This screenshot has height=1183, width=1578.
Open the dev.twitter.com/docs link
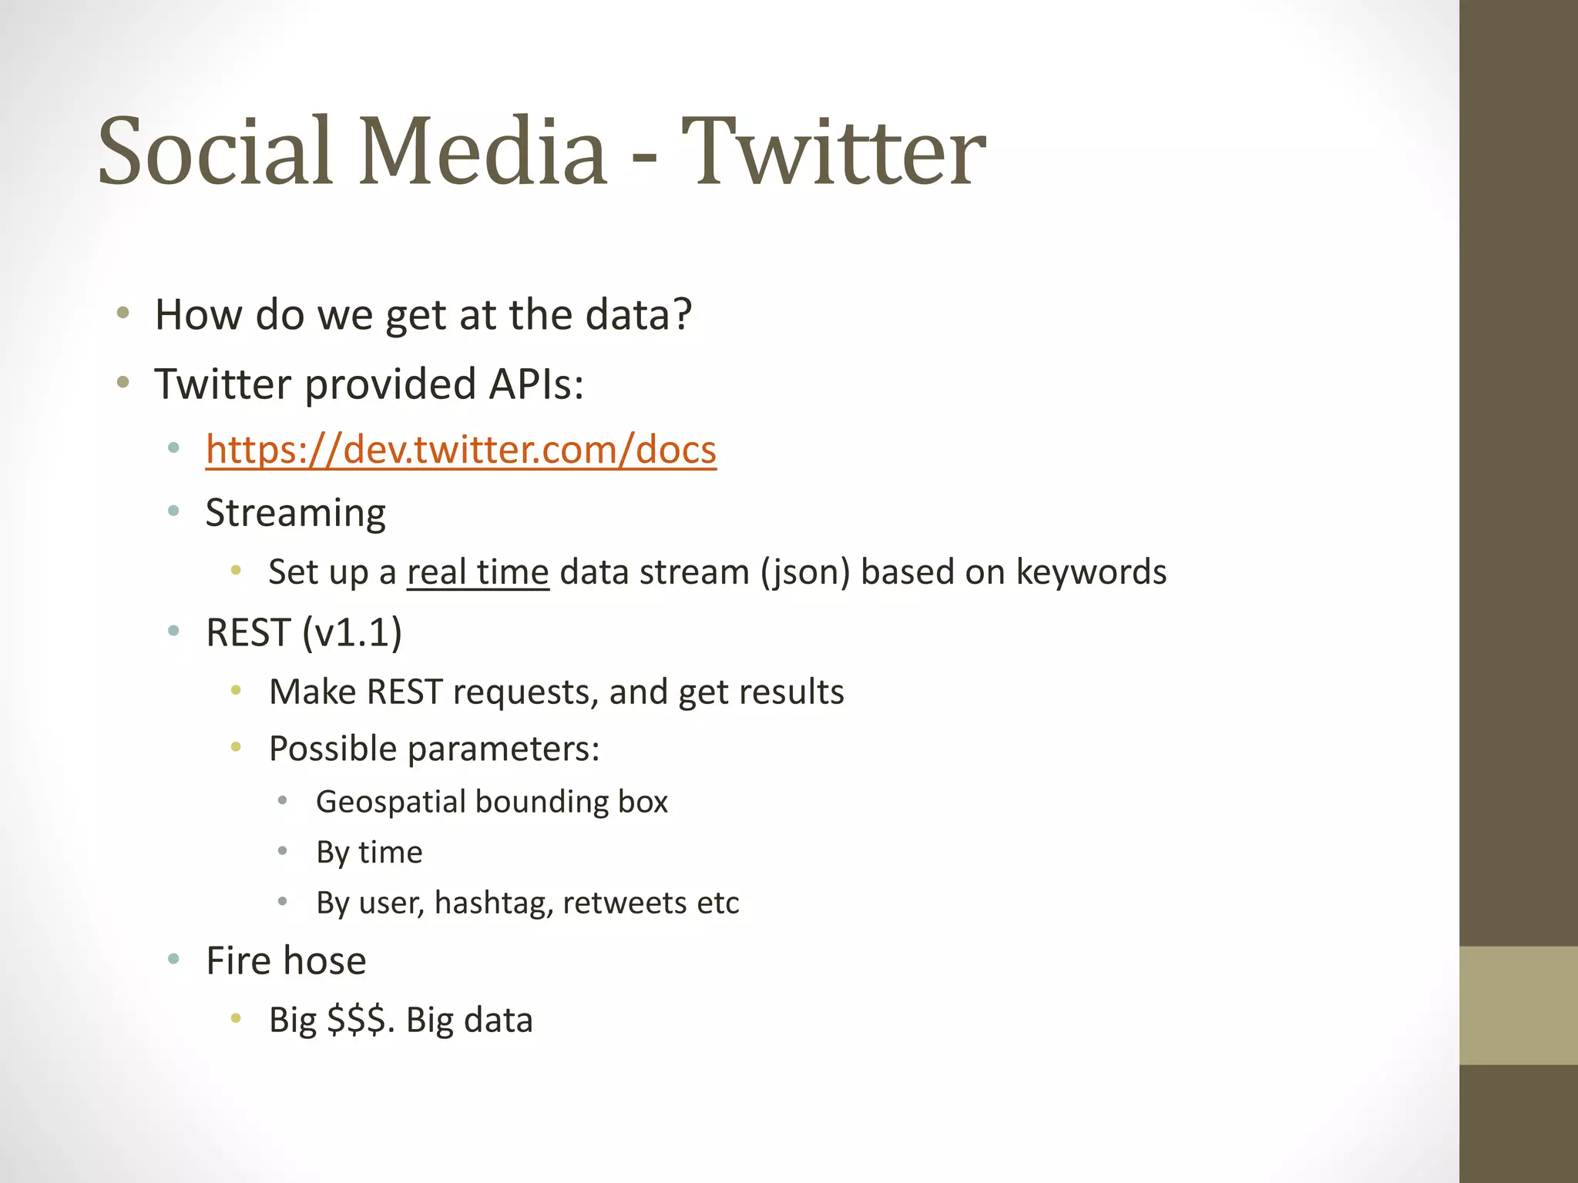[461, 450]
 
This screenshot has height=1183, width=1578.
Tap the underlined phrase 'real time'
[478, 572]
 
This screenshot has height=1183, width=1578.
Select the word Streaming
[296, 514]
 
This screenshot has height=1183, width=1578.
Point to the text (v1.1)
[352, 633]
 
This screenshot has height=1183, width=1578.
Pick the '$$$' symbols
[356, 1020]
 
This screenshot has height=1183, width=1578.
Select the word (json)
[805, 572]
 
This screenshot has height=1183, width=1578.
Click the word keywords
[1091, 572]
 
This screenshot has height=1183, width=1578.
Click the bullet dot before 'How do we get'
[123, 313]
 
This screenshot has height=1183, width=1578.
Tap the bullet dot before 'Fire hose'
[173, 959]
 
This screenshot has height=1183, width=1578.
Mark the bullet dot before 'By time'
[283, 851]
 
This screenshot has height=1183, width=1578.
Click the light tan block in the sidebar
[1519, 1005]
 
